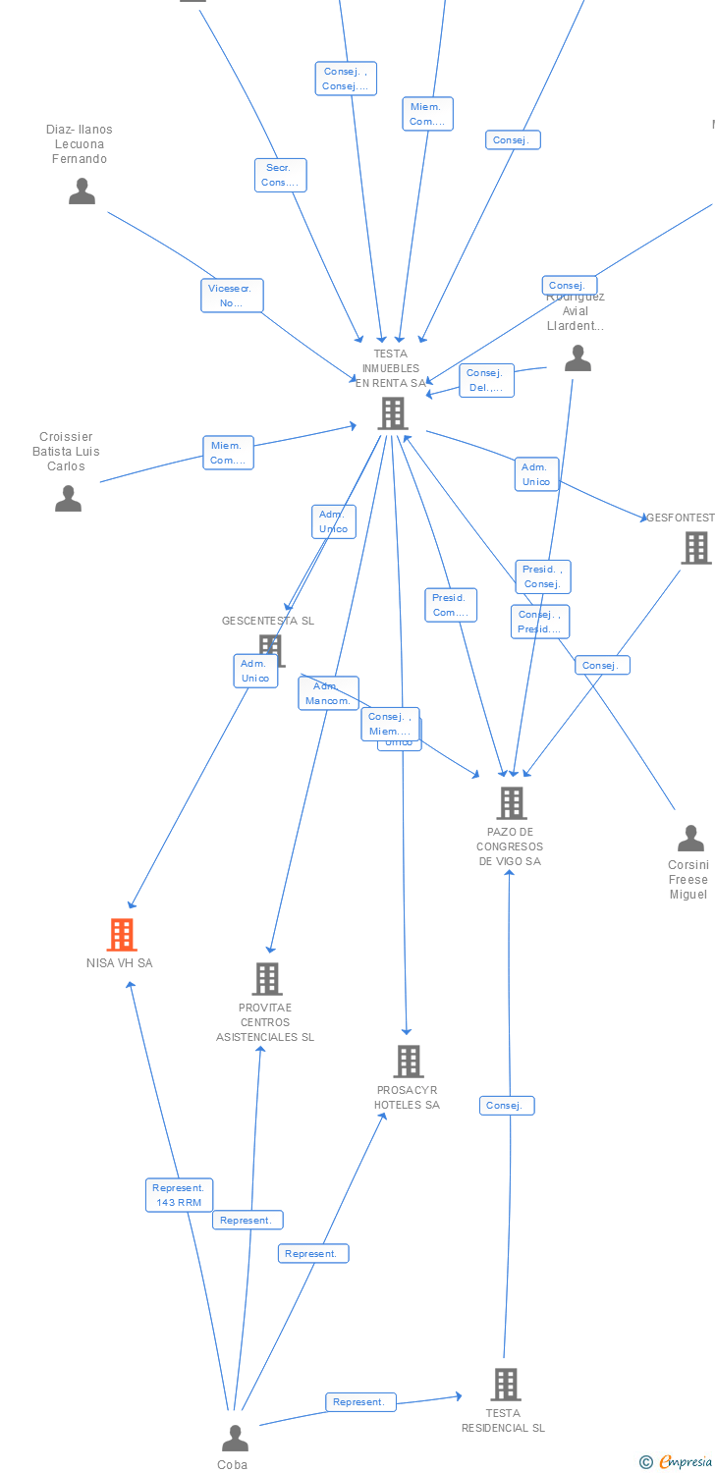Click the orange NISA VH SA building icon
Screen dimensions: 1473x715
coord(122,935)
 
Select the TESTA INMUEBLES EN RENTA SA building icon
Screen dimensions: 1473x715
coord(393,413)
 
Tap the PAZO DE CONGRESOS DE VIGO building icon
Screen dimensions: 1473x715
coord(511,803)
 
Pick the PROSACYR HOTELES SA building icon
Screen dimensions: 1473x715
coord(409,1062)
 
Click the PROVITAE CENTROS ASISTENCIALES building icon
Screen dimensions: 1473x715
coord(267,979)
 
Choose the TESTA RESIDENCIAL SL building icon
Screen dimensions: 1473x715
coord(505,1385)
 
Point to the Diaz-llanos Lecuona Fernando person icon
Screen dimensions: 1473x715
coord(82,191)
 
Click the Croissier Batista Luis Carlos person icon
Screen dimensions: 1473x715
coord(68,499)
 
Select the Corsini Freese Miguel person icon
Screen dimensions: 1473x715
coord(690,839)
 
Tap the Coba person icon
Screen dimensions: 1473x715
coord(235,1439)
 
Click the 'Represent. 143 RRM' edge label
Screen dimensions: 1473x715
coord(179,1195)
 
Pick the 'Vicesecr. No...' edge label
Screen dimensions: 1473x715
coord(232,296)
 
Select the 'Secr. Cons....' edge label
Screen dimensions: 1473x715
coord(280,175)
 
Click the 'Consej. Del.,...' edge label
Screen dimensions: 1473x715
coord(486,380)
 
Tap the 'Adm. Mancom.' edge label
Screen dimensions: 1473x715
coord(328,693)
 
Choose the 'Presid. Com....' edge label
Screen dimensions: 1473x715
coord(451,605)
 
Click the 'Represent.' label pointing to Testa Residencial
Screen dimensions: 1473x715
coord(360,1402)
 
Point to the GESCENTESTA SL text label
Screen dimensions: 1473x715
coord(268,621)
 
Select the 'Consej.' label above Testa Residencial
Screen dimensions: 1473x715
coord(507,1106)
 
